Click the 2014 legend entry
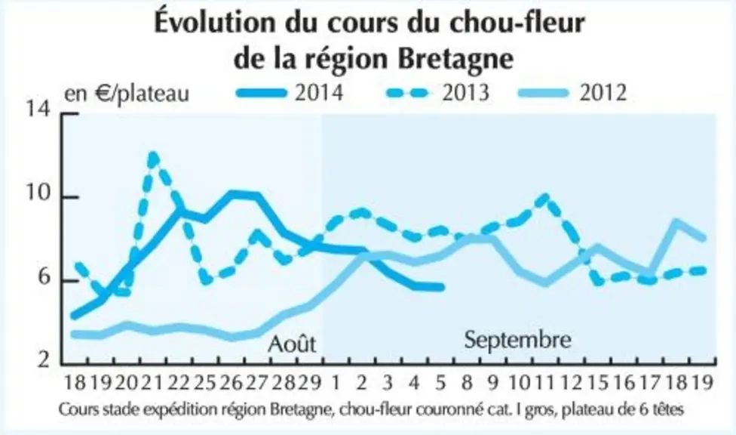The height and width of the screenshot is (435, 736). click(x=290, y=93)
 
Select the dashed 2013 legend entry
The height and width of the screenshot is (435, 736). click(x=438, y=93)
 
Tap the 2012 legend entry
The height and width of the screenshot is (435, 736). click(x=572, y=93)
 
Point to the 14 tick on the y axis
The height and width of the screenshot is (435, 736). click(x=38, y=110)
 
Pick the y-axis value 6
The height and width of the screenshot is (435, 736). click(x=44, y=277)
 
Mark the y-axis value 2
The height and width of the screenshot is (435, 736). click(x=44, y=360)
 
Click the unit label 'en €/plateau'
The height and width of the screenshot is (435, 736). click(x=127, y=94)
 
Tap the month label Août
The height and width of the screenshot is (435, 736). click(x=292, y=344)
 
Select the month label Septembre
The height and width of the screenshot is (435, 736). click(x=518, y=340)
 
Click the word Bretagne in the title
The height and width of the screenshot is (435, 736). click(x=455, y=59)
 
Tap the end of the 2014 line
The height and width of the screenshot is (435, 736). click(x=441, y=287)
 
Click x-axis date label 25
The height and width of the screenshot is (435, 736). click(x=205, y=383)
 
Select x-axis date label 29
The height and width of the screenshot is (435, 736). click(x=310, y=383)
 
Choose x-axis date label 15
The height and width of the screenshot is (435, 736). click(x=597, y=383)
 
